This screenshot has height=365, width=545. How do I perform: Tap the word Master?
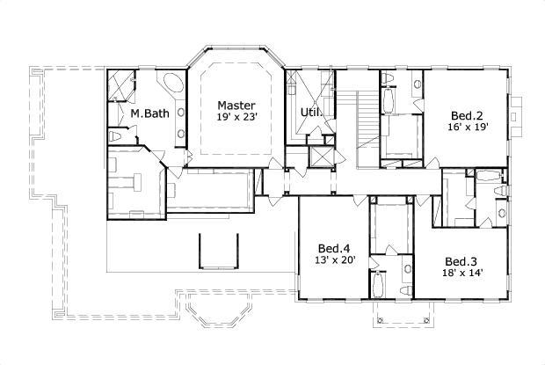[x=236, y=105]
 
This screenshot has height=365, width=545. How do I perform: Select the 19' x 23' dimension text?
[x=236, y=118]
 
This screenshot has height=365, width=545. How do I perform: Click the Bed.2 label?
[x=466, y=115]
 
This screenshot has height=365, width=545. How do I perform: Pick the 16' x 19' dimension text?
[x=466, y=128]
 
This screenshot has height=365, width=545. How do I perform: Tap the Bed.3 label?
[x=460, y=261]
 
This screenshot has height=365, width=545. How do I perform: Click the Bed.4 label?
[x=333, y=247]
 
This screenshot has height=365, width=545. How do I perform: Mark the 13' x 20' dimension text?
[x=333, y=259]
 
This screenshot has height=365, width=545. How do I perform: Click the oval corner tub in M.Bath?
[x=172, y=87]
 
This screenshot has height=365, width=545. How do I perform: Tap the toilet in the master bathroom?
[x=114, y=138]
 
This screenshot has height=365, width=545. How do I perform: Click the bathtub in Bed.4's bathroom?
[x=377, y=285]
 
